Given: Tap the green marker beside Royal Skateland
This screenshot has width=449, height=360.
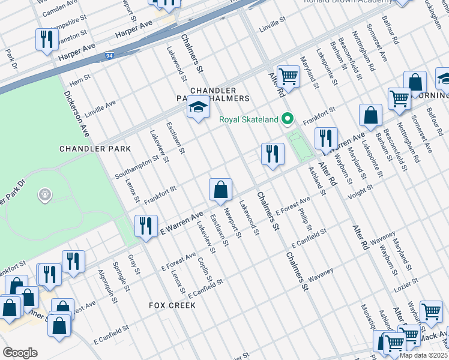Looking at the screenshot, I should pyautogui.click(x=288, y=119).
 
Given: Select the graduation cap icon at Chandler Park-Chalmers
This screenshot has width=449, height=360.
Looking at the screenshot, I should pyautogui.click(x=199, y=108).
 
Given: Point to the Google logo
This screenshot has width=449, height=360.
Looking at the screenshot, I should pyautogui.click(x=20, y=353).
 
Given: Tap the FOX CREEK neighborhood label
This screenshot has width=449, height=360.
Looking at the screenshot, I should pyautogui.click(x=172, y=305).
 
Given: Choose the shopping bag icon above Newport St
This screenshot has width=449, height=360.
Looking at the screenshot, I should pyautogui.click(x=221, y=190).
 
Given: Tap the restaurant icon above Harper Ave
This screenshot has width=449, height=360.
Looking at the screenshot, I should pyautogui.click(x=46, y=40).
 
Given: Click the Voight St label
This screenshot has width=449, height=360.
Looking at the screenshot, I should pyautogui.click(x=361, y=187).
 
